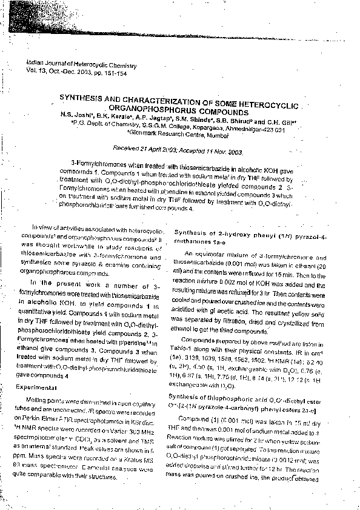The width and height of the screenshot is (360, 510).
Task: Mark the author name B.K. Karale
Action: [x=109, y=114]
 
